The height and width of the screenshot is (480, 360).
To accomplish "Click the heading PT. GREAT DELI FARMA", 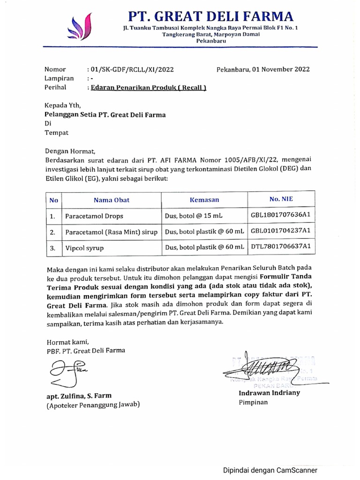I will [211, 17].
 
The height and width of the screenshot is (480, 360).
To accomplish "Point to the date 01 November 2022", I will [280, 69].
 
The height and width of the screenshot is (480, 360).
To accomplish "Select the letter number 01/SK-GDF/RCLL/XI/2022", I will [132, 69].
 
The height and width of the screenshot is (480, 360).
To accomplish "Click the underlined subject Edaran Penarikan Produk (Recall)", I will [148, 87].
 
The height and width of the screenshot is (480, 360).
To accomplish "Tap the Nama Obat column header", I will [112, 200].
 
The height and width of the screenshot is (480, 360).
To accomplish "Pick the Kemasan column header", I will [204, 200].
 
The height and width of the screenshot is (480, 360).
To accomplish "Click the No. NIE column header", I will [281, 199].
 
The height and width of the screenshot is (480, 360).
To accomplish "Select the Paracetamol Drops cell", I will [91, 217].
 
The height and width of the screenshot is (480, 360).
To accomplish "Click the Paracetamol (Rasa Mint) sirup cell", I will [112, 232].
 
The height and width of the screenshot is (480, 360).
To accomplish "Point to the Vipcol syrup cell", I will [84, 247].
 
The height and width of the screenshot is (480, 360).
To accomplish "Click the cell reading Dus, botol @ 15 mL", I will [194, 217].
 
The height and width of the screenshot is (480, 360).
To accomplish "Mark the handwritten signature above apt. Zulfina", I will [66, 370].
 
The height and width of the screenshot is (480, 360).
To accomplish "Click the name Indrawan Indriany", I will [269, 393].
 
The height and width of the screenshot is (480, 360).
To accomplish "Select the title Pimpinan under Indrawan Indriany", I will [254, 402].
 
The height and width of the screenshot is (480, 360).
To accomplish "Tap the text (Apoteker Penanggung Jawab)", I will [93, 405].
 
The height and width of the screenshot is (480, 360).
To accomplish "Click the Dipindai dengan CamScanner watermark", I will [270, 470].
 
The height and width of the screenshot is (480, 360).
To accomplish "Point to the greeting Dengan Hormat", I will [70, 151].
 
